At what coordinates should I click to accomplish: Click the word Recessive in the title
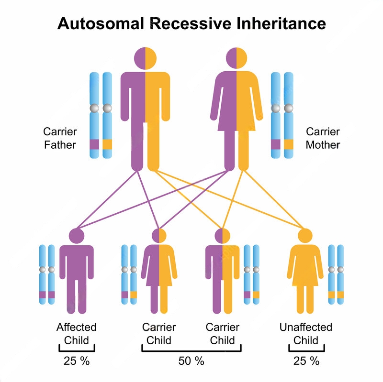pos(192,23)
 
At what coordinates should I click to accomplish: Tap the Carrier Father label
pos(60,138)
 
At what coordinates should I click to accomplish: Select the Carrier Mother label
pos(323,138)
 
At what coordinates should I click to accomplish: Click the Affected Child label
pos(76,334)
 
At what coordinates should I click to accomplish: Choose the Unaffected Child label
pos(306,334)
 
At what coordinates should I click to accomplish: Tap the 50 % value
pos(191,361)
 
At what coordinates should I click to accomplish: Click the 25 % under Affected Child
pos(77,361)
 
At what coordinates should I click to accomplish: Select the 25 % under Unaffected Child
pos(306,361)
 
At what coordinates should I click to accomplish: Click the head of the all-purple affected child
pos(77,236)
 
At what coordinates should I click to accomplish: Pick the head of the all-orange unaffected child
pos(305,236)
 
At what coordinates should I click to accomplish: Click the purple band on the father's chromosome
pos(94,144)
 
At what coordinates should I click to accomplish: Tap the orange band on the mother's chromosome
pos(288,144)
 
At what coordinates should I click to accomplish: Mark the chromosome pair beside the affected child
pos(47,274)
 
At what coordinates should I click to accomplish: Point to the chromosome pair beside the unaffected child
pos(336,274)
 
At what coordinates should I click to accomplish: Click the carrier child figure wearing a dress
pos(159,273)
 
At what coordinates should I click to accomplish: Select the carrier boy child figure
pos(222,273)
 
